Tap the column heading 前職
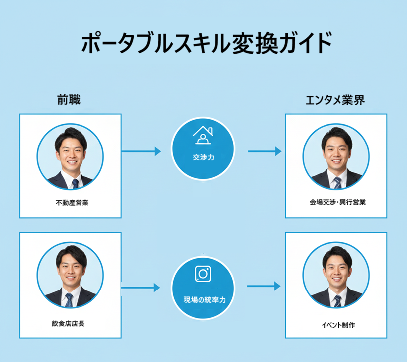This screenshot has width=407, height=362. pos(69,100)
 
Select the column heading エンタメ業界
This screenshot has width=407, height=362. pos(335,100)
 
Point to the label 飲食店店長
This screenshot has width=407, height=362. pos(68,324)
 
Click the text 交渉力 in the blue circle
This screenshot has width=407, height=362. pos(203,157)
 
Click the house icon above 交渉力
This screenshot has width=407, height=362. pos(203,135)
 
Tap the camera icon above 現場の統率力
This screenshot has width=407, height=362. pos(202,274)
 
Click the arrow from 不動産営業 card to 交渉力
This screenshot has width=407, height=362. pos(141,151)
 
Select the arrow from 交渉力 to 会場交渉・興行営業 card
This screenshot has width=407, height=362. pos(265,151)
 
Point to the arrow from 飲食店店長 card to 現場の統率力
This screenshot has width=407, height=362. pos(140,287)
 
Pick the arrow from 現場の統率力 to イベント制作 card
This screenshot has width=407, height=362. pos(264,286)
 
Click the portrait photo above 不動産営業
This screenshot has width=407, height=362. pos(70,157)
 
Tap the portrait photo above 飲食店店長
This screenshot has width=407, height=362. pos(70,277)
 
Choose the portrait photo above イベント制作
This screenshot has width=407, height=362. pos(336,279)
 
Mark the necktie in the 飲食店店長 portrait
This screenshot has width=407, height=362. pos(69,300)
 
